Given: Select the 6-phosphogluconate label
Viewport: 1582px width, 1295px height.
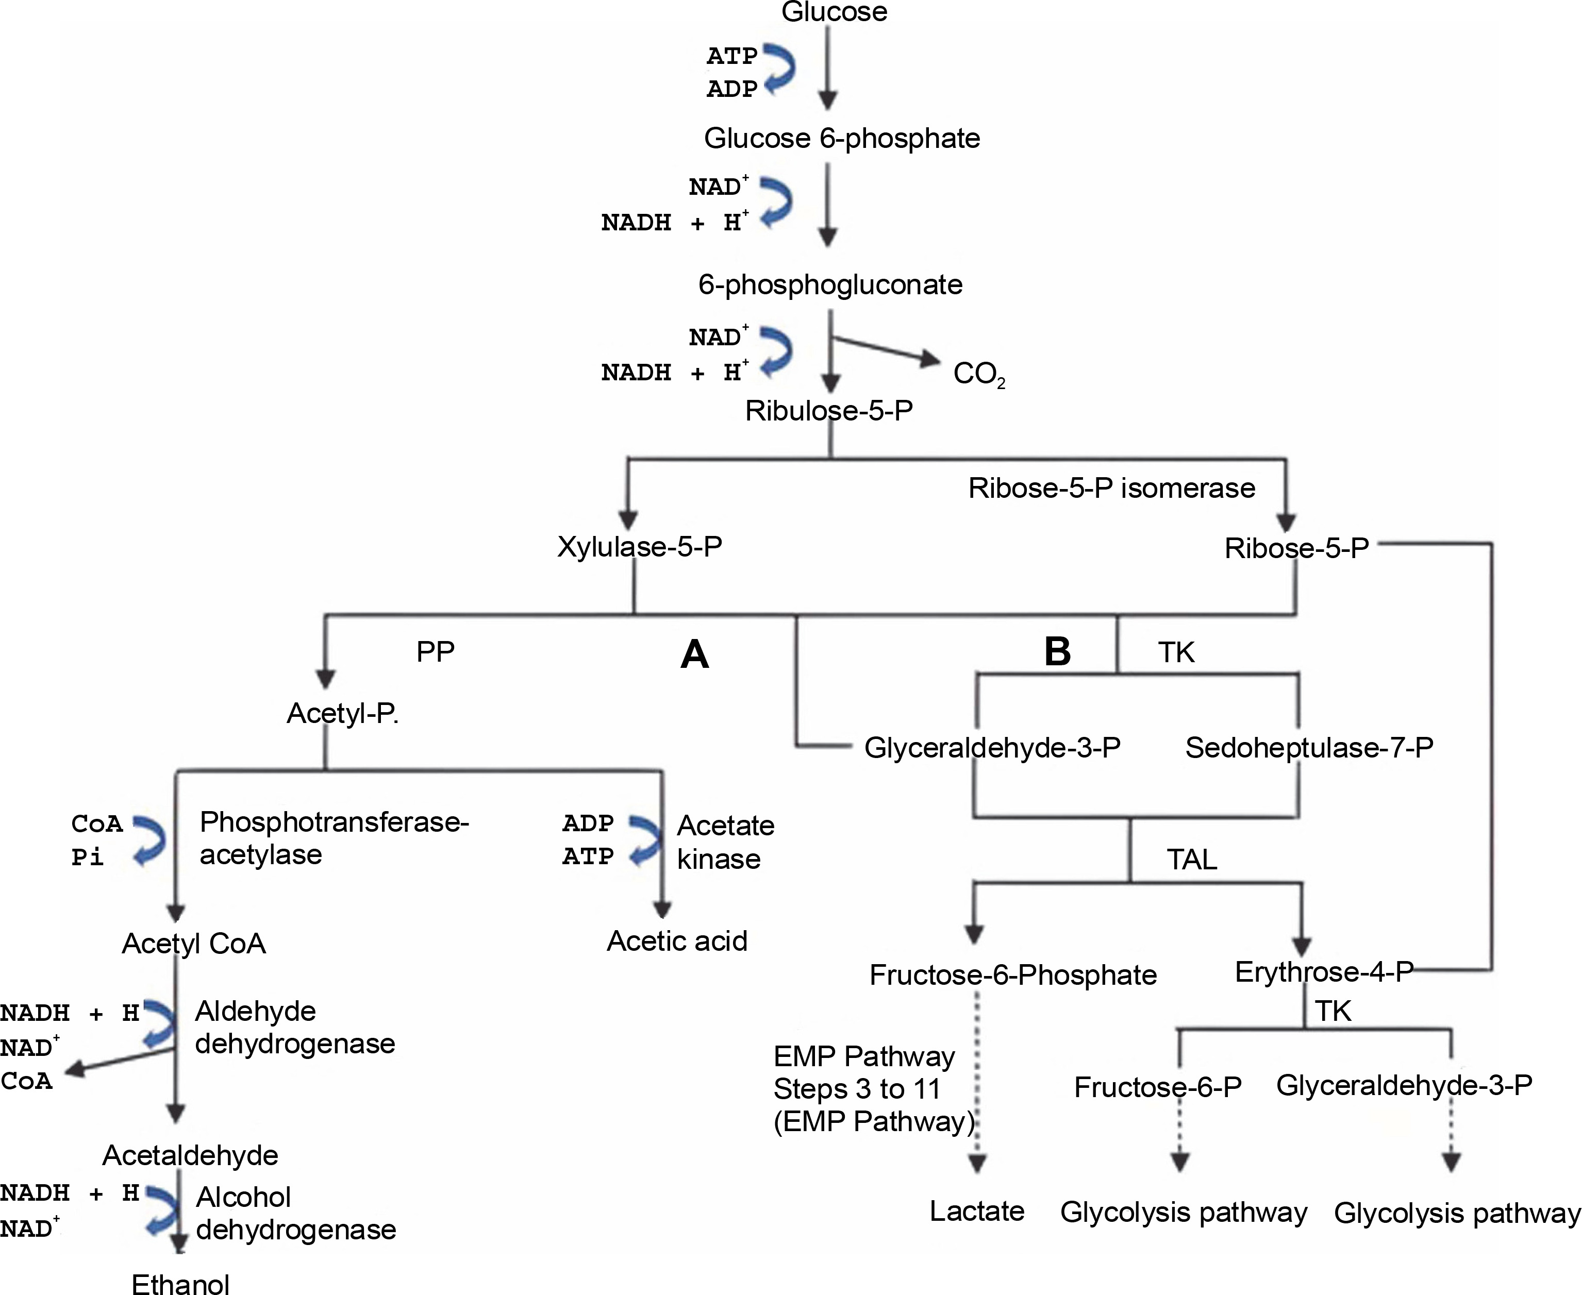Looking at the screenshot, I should [x=830, y=285].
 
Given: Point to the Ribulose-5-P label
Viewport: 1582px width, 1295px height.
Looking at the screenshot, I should [x=828, y=411].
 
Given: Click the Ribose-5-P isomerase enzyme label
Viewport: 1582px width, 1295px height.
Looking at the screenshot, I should [x=1111, y=489].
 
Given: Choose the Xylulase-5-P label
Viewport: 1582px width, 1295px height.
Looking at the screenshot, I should [x=640, y=547].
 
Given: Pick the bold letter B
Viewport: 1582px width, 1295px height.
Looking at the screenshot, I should [x=1057, y=651].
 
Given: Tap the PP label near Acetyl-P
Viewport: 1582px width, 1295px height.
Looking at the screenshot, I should [x=435, y=652].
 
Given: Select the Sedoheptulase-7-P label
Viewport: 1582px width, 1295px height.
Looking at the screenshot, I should [x=1309, y=747].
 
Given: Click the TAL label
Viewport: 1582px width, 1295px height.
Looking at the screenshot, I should [x=1192, y=860].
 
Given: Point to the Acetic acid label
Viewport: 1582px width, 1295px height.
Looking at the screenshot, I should [x=677, y=941].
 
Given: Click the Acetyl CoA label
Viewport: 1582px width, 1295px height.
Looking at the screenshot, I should [x=194, y=944].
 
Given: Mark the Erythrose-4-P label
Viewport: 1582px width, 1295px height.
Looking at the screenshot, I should [x=1324, y=972].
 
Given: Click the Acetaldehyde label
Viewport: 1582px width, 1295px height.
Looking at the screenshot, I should [x=190, y=1155].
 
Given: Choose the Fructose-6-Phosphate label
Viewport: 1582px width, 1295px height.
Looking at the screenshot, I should [x=1012, y=975].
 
